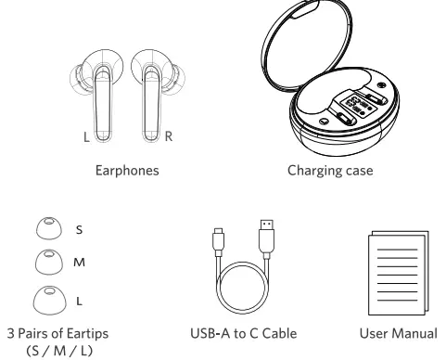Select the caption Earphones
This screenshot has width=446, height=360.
(x=128, y=171)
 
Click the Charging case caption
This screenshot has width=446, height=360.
(x=322, y=171)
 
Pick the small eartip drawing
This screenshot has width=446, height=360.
(x=44, y=226)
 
